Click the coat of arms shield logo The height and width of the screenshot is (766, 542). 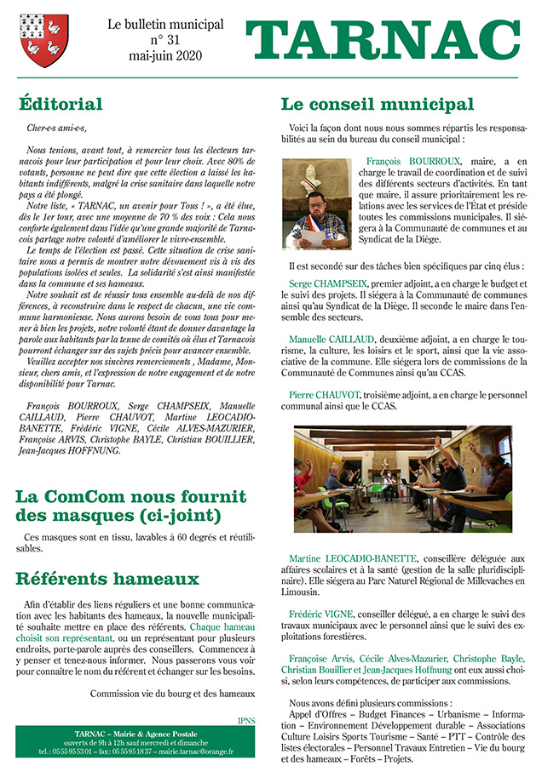(45, 43)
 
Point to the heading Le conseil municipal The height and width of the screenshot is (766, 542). (377, 105)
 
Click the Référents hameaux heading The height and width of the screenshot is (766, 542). (107, 579)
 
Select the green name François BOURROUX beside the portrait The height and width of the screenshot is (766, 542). (413, 161)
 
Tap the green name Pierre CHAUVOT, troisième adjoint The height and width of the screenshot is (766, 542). (325, 395)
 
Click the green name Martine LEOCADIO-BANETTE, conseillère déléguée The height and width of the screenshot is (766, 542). (356, 558)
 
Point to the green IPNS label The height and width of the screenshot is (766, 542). (246, 720)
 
